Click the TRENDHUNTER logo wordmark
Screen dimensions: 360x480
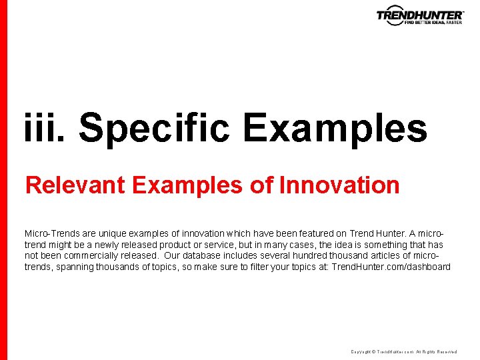click(x=419, y=14)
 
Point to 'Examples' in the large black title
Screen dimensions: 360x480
click(x=334, y=127)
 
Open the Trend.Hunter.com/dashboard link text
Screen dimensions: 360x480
click(x=391, y=267)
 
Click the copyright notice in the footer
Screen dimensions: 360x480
click(x=403, y=351)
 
